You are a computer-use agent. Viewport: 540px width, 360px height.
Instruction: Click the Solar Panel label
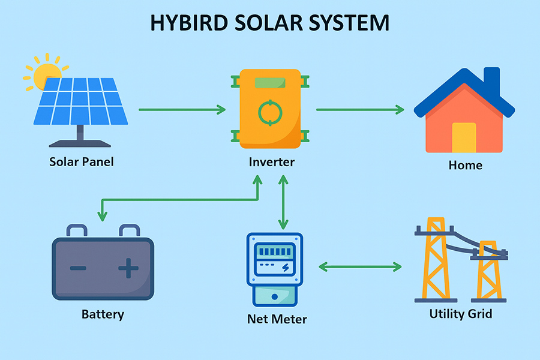click(82, 161)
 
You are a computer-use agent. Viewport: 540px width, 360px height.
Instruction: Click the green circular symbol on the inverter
click(269, 112)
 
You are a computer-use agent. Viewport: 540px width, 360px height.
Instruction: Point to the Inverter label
click(271, 162)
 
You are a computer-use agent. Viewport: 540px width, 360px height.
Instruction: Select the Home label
click(465, 164)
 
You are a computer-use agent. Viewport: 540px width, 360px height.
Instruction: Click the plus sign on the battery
click(127, 268)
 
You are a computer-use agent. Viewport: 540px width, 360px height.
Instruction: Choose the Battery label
click(103, 314)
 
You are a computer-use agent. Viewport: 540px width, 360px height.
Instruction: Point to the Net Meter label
click(277, 318)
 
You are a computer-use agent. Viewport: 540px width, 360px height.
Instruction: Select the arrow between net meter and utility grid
click(360, 266)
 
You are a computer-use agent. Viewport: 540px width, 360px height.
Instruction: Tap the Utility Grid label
click(460, 313)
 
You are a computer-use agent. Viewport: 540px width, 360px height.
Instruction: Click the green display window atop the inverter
click(269, 82)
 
